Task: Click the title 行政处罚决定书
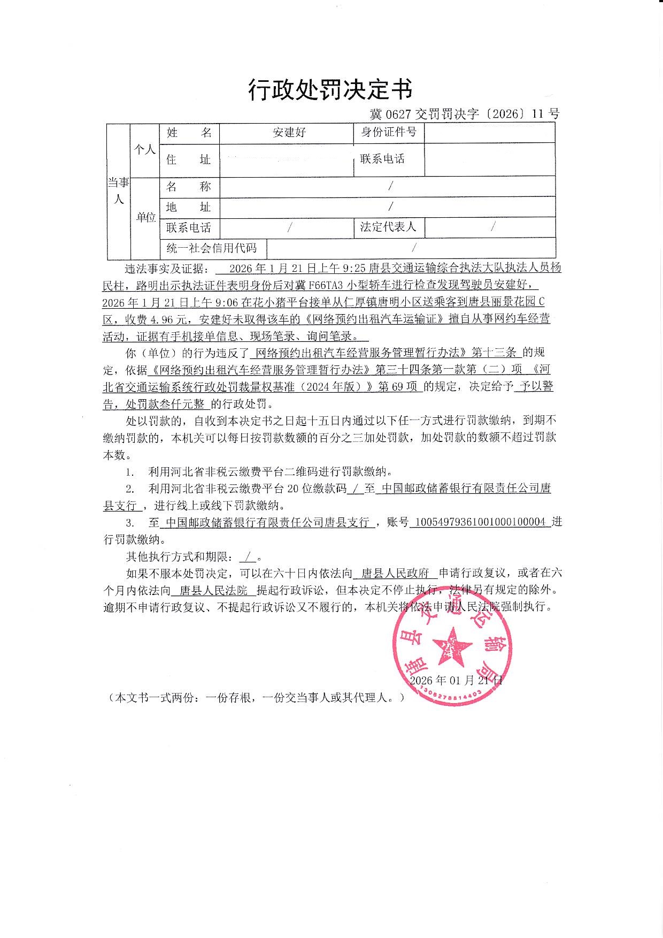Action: pyautogui.click(x=330, y=89)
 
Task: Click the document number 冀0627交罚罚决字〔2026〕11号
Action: pyautogui.click(x=465, y=114)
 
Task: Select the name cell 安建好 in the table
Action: pyautogui.click(x=289, y=132)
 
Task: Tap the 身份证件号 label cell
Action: pyautogui.click(x=388, y=132)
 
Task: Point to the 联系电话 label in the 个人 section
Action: pyautogui.click(x=382, y=159)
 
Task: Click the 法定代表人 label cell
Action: pyautogui.click(x=388, y=227)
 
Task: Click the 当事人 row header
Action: pyautogui.click(x=118, y=191)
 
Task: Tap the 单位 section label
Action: pyautogui.click(x=145, y=217)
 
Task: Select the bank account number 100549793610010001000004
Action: pyautogui.click(x=480, y=522)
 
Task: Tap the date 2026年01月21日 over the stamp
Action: pyautogui.click(x=456, y=681)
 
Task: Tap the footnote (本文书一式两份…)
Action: pyautogui.click(x=256, y=698)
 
